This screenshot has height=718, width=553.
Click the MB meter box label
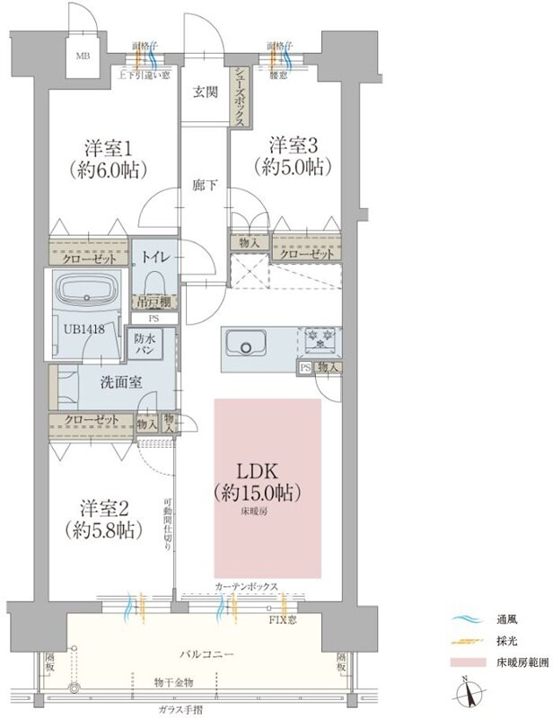(83, 56)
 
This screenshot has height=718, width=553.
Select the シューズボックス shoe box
(240, 93)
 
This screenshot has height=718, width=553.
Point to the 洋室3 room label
(286, 155)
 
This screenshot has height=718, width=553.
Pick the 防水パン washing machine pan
(149, 345)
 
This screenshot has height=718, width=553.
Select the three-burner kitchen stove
(320, 339)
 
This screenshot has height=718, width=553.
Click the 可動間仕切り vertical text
(168, 529)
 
